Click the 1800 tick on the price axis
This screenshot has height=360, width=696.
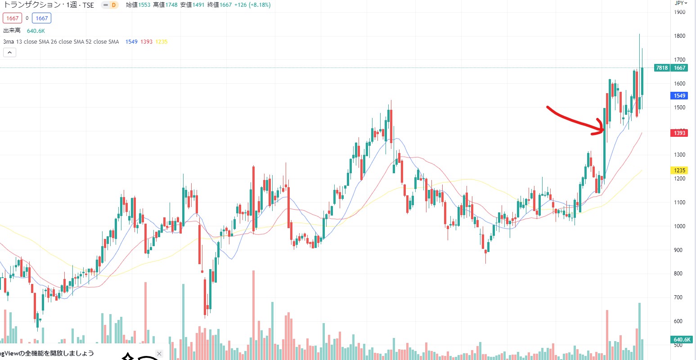pyautogui.click(x=679, y=36)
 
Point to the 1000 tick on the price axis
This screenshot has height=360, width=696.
pyautogui.click(x=679, y=226)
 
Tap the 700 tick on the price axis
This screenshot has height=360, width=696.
pyautogui.click(x=679, y=297)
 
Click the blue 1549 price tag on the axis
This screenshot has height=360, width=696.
pyautogui.click(x=679, y=96)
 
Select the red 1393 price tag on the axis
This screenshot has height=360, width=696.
pyautogui.click(x=679, y=133)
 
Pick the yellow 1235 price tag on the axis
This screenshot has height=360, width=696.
pyautogui.click(x=679, y=170)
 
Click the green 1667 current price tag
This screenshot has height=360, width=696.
pyautogui.click(x=679, y=68)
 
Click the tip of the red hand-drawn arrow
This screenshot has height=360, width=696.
pyautogui.click(x=603, y=130)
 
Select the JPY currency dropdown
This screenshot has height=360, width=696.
pyautogui.click(x=681, y=3)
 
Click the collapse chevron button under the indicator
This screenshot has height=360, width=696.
pyautogui.click(x=9, y=53)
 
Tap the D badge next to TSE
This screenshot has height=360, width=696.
pyautogui.click(x=113, y=5)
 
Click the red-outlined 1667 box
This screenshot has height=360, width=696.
pyautogui.click(x=12, y=18)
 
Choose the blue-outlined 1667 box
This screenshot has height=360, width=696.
pyautogui.click(x=41, y=18)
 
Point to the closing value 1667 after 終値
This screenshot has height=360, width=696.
pyautogui.click(x=226, y=5)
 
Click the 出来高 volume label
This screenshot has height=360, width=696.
pyautogui.click(x=12, y=31)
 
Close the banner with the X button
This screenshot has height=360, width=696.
pyautogui.click(x=159, y=354)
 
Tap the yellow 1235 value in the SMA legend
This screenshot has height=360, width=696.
pyautogui.click(x=161, y=42)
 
